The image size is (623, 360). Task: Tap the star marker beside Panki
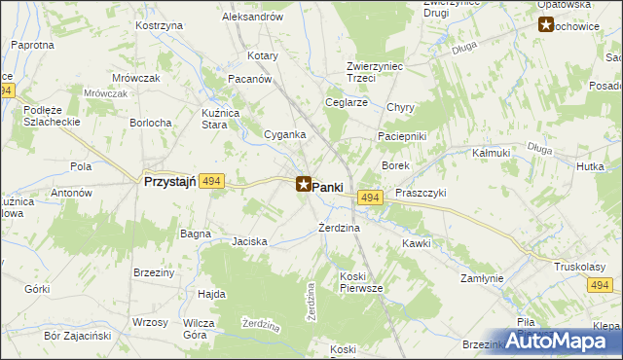pyautogui.click(x=304, y=183)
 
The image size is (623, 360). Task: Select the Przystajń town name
pyautogui.click(x=170, y=181)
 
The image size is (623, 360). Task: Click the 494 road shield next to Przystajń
pyautogui.click(x=214, y=181)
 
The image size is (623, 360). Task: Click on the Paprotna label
pyautogui.click(x=32, y=46)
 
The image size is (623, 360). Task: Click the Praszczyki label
pyautogui.click(x=421, y=193)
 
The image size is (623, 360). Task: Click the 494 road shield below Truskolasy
pyautogui.click(x=600, y=284)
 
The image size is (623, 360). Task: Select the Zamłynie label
pyautogui.click(x=482, y=278)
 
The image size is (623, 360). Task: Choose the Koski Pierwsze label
pyautogui.click(x=361, y=283)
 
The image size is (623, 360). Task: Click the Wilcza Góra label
pyautogui.click(x=199, y=328)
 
